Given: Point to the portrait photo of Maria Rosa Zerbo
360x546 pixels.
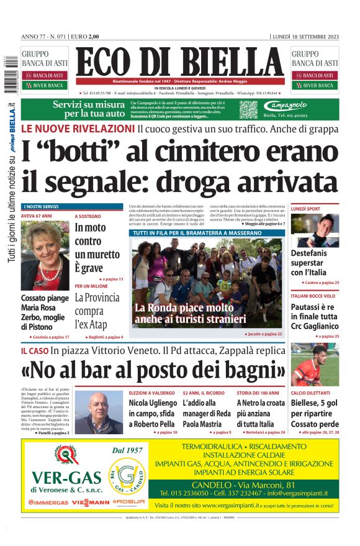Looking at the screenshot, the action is pyautogui.click(x=45, y=254).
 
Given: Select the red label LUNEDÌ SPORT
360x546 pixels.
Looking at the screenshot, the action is pyautogui.click(x=307, y=209).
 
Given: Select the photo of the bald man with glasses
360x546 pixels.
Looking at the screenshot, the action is pyautogui.click(x=98, y=411).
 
